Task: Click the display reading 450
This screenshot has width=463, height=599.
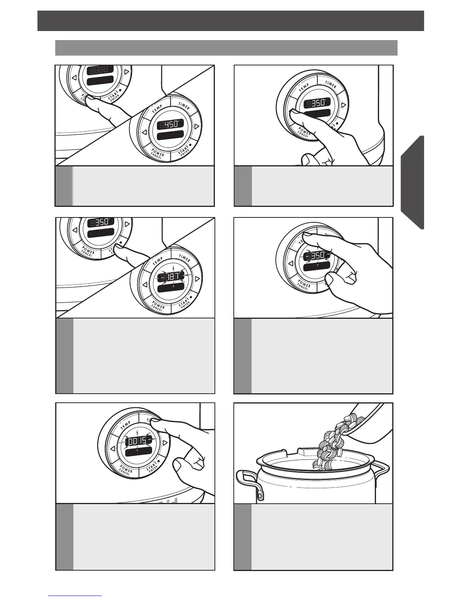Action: click(170, 124)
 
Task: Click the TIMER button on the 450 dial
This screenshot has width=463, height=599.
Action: click(184, 107)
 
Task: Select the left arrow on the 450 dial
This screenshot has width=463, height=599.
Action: click(144, 132)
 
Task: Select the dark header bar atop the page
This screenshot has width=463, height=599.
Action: click(230, 21)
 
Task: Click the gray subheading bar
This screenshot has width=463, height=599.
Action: click(226, 48)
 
